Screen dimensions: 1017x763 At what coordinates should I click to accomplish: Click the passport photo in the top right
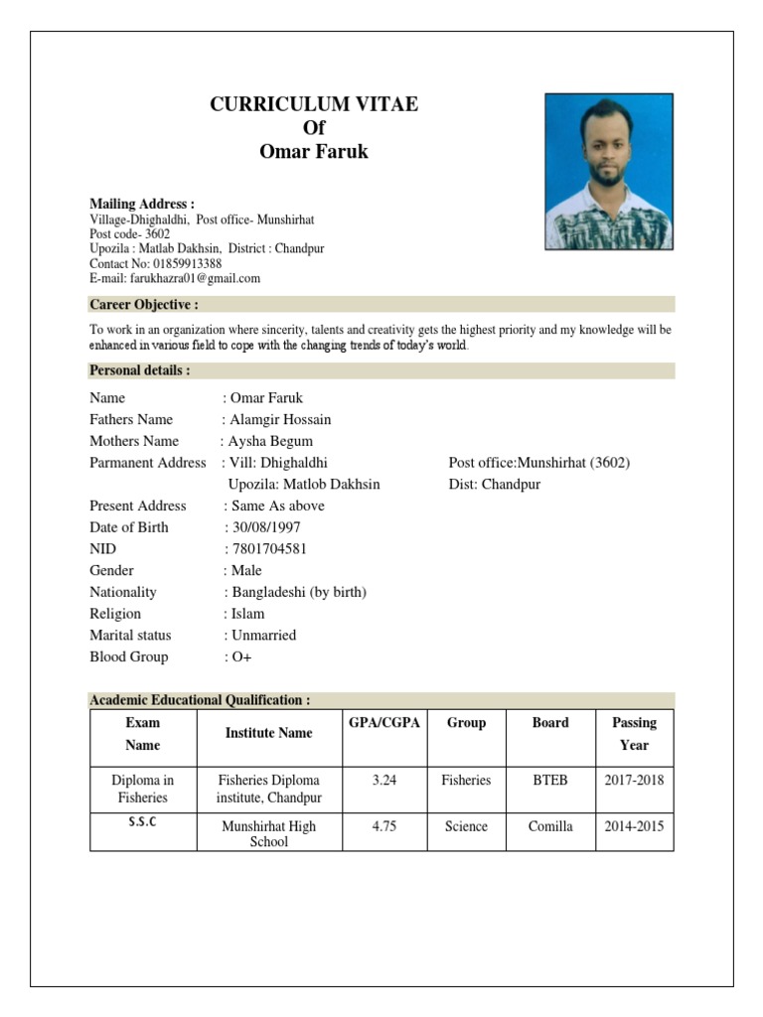pyautogui.click(x=609, y=171)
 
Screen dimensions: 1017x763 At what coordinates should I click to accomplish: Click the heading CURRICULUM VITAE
pyautogui.click(x=314, y=104)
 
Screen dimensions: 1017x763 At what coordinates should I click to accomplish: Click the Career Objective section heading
pyautogui.click(x=144, y=304)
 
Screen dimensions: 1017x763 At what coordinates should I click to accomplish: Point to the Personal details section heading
pyautogui.click(x=140, y=370)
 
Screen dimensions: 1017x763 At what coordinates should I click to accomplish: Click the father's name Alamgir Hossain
pyautogui.click(x=280, y=419)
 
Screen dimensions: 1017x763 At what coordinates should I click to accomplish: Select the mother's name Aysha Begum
pyautogui.click(x=269, y=441)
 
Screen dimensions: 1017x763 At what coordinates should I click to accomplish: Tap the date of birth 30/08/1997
pyautogui.click(x=265, y=527)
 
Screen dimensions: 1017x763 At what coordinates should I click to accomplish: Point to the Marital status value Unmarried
pyautogui.click(x=263, y=635)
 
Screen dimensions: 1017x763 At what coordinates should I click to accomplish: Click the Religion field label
pyautogui.click(x=115, y=614)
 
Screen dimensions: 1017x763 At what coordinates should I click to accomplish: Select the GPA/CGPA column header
pyautogui.click(x=384, y=723)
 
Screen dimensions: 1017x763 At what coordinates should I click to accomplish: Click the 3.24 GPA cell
pyautogui.click(x=384, y=781)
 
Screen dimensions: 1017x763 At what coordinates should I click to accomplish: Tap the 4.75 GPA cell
pyautogui.click(x=384, y=826)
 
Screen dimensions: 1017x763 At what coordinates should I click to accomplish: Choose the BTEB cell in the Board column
pyautogui.click(x=550, y=781)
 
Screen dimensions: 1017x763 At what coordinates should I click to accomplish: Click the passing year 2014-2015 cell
pyautogui.click(x=634, y=826)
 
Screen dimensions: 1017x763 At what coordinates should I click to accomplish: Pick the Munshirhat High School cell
pyautogui.click(x=268, y=833)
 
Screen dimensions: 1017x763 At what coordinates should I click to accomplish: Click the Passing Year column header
pyautogui.click(x=634, y=734)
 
